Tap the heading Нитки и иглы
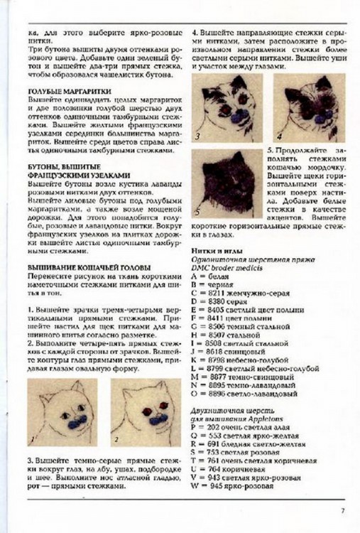pyautogui.click(x=217, y=251)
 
